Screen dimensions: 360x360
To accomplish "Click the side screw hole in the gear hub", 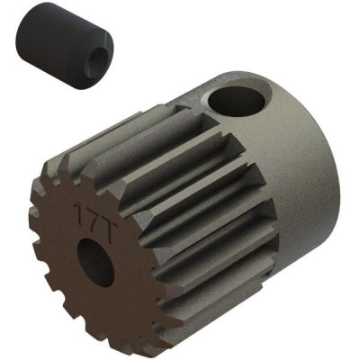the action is point(237,102).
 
